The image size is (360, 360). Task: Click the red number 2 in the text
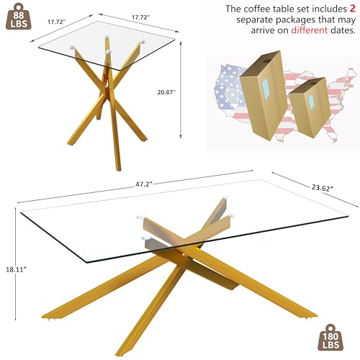tap(348, 9)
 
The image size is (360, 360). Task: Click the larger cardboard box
tap(263, 94)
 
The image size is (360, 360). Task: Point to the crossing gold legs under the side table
tap(108, 115)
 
